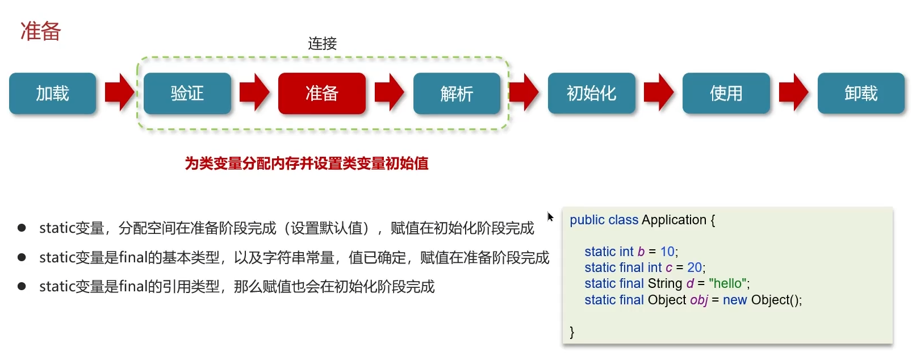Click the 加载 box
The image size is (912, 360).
point(52,93)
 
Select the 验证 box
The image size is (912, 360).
point(187,93)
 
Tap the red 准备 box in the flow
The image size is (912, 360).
point(321,93)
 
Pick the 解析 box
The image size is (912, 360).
point(457,93)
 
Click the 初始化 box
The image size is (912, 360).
point(592,93)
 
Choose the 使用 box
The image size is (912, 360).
point(726,93)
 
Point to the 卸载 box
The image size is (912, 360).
point(861,93)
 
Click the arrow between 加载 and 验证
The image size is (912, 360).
point(120,93)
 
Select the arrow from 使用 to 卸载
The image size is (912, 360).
point(793,93)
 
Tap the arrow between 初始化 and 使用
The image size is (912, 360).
point(659,93)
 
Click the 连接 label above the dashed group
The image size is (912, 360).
point(323,44)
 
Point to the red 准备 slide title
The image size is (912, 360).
point(41,31)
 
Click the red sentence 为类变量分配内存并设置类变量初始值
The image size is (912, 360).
point(307,164)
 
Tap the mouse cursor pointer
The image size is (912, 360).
point(550,217)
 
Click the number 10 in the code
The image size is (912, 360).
point(667,252)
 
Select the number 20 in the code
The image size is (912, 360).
point(695,267)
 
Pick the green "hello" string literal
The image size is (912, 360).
point(727,283)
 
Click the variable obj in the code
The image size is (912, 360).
point(699,300)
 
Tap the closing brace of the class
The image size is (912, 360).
point(572,332)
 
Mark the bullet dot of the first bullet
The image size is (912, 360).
point(22,228)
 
